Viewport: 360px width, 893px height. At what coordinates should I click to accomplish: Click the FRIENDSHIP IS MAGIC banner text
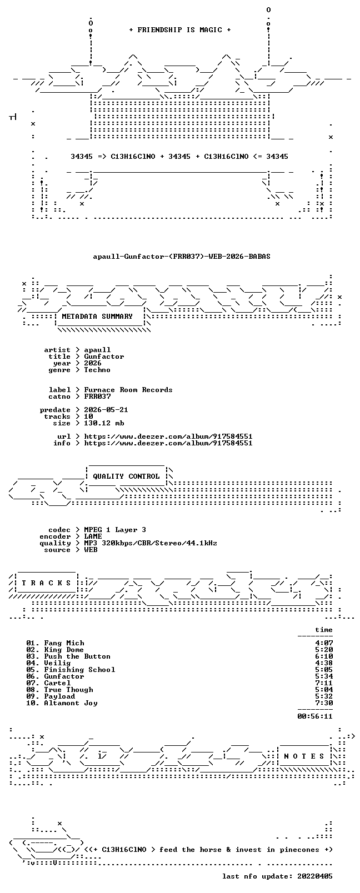(x=180, y=30)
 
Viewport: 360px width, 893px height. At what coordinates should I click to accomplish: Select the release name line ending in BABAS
(x=182, y=257)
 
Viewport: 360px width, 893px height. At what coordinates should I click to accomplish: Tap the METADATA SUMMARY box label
(x=97, y=317)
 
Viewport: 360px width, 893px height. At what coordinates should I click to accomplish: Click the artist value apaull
(x=97, y=350)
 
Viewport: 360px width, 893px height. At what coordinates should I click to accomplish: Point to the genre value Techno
(x=97, y=370)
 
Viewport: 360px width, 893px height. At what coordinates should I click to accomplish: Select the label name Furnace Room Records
(x=128, y=390)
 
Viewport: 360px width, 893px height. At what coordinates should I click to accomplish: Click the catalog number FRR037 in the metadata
(x=97, y=397)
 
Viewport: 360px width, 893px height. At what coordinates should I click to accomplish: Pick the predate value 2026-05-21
(x=106, y=410)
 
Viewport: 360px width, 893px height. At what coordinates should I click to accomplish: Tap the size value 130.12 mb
(x=104, y=423)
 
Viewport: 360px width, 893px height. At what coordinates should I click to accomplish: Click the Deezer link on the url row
(x=168, y=437)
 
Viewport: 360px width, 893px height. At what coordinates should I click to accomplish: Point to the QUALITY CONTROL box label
(x=126, y=476)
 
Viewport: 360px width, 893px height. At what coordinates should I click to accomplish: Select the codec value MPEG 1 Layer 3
(x=115, y=530)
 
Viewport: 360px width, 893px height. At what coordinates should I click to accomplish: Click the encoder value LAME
(x=93, y=536)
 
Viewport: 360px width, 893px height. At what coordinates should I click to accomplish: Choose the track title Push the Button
(x=77, y=656)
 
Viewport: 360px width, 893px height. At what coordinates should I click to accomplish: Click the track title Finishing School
(x=80, y=670)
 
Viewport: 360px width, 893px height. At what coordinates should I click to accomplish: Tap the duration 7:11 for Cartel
(x=324, y=683)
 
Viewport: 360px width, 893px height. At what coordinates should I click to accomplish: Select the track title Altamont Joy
(x=71, y=703)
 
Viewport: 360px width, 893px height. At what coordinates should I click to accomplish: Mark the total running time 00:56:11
(x=315, y=716)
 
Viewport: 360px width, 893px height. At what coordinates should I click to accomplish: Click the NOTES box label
(x=304, y=756)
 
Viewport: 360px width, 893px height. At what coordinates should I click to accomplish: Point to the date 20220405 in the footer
(x=315, y=876)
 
